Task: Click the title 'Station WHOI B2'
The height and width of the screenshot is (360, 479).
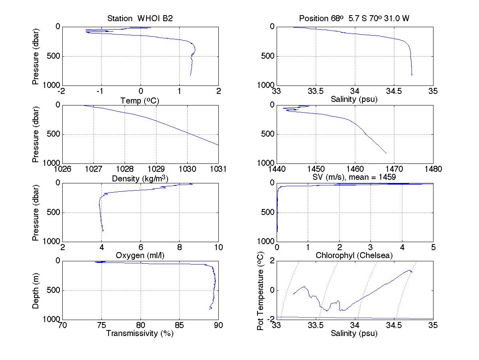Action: [140, 19]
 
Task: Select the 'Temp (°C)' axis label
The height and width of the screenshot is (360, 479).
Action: [140, 101]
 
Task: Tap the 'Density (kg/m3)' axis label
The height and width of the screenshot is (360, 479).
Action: [140, 179]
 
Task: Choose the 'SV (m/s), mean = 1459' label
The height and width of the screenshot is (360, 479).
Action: [354, 177]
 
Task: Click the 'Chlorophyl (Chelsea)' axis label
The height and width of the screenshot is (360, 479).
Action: [354, 255]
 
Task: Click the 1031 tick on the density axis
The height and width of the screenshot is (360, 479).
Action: [218, 169]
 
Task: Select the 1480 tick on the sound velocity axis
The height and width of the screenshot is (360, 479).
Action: [433, 169]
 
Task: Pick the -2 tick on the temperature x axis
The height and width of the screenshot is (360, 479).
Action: [62, 91]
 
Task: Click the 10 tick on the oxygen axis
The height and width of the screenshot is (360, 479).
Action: [218, 247]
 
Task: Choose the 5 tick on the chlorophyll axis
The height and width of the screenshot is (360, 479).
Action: [433, 247]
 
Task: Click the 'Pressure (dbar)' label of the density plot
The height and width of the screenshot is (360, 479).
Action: [36, 134]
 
